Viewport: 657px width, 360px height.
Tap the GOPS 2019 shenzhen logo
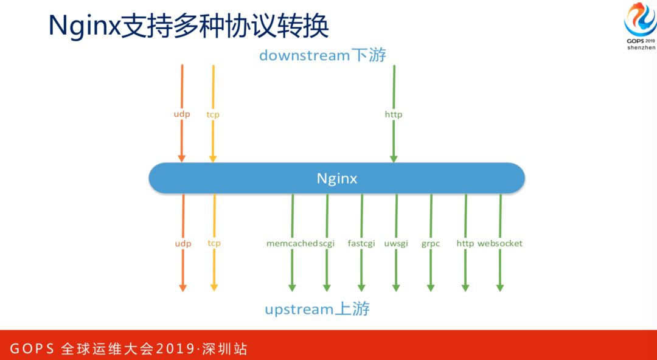click(641, 27)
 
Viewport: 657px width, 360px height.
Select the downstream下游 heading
click(322, 55)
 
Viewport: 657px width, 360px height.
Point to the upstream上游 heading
click(317, 309)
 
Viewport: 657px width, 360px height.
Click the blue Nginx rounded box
click(336, 178)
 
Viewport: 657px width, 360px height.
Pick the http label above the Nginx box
click(394, 114)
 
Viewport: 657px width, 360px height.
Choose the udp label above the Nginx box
click(182, 114)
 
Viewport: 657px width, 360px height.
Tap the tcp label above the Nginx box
click(213, 114)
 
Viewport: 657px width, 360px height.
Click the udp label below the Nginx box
click(183, 243)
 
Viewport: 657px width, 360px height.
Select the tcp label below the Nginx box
click(214, 243)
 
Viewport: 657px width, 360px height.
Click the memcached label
click(292, 243)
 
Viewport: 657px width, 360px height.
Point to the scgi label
click(327, 243)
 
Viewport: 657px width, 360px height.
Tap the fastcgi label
click(362, 243)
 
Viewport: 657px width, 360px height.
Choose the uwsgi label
click(396, 243)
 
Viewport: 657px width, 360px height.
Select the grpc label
click(431, 243)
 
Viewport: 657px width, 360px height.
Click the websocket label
click(500, 243)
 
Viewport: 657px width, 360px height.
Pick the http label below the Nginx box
click(465, 243)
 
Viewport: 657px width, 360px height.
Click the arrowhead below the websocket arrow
click(500, 287)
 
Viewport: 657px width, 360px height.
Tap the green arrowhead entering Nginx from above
click(394, 158)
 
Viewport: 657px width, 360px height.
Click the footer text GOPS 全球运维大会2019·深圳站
click(129, 349)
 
